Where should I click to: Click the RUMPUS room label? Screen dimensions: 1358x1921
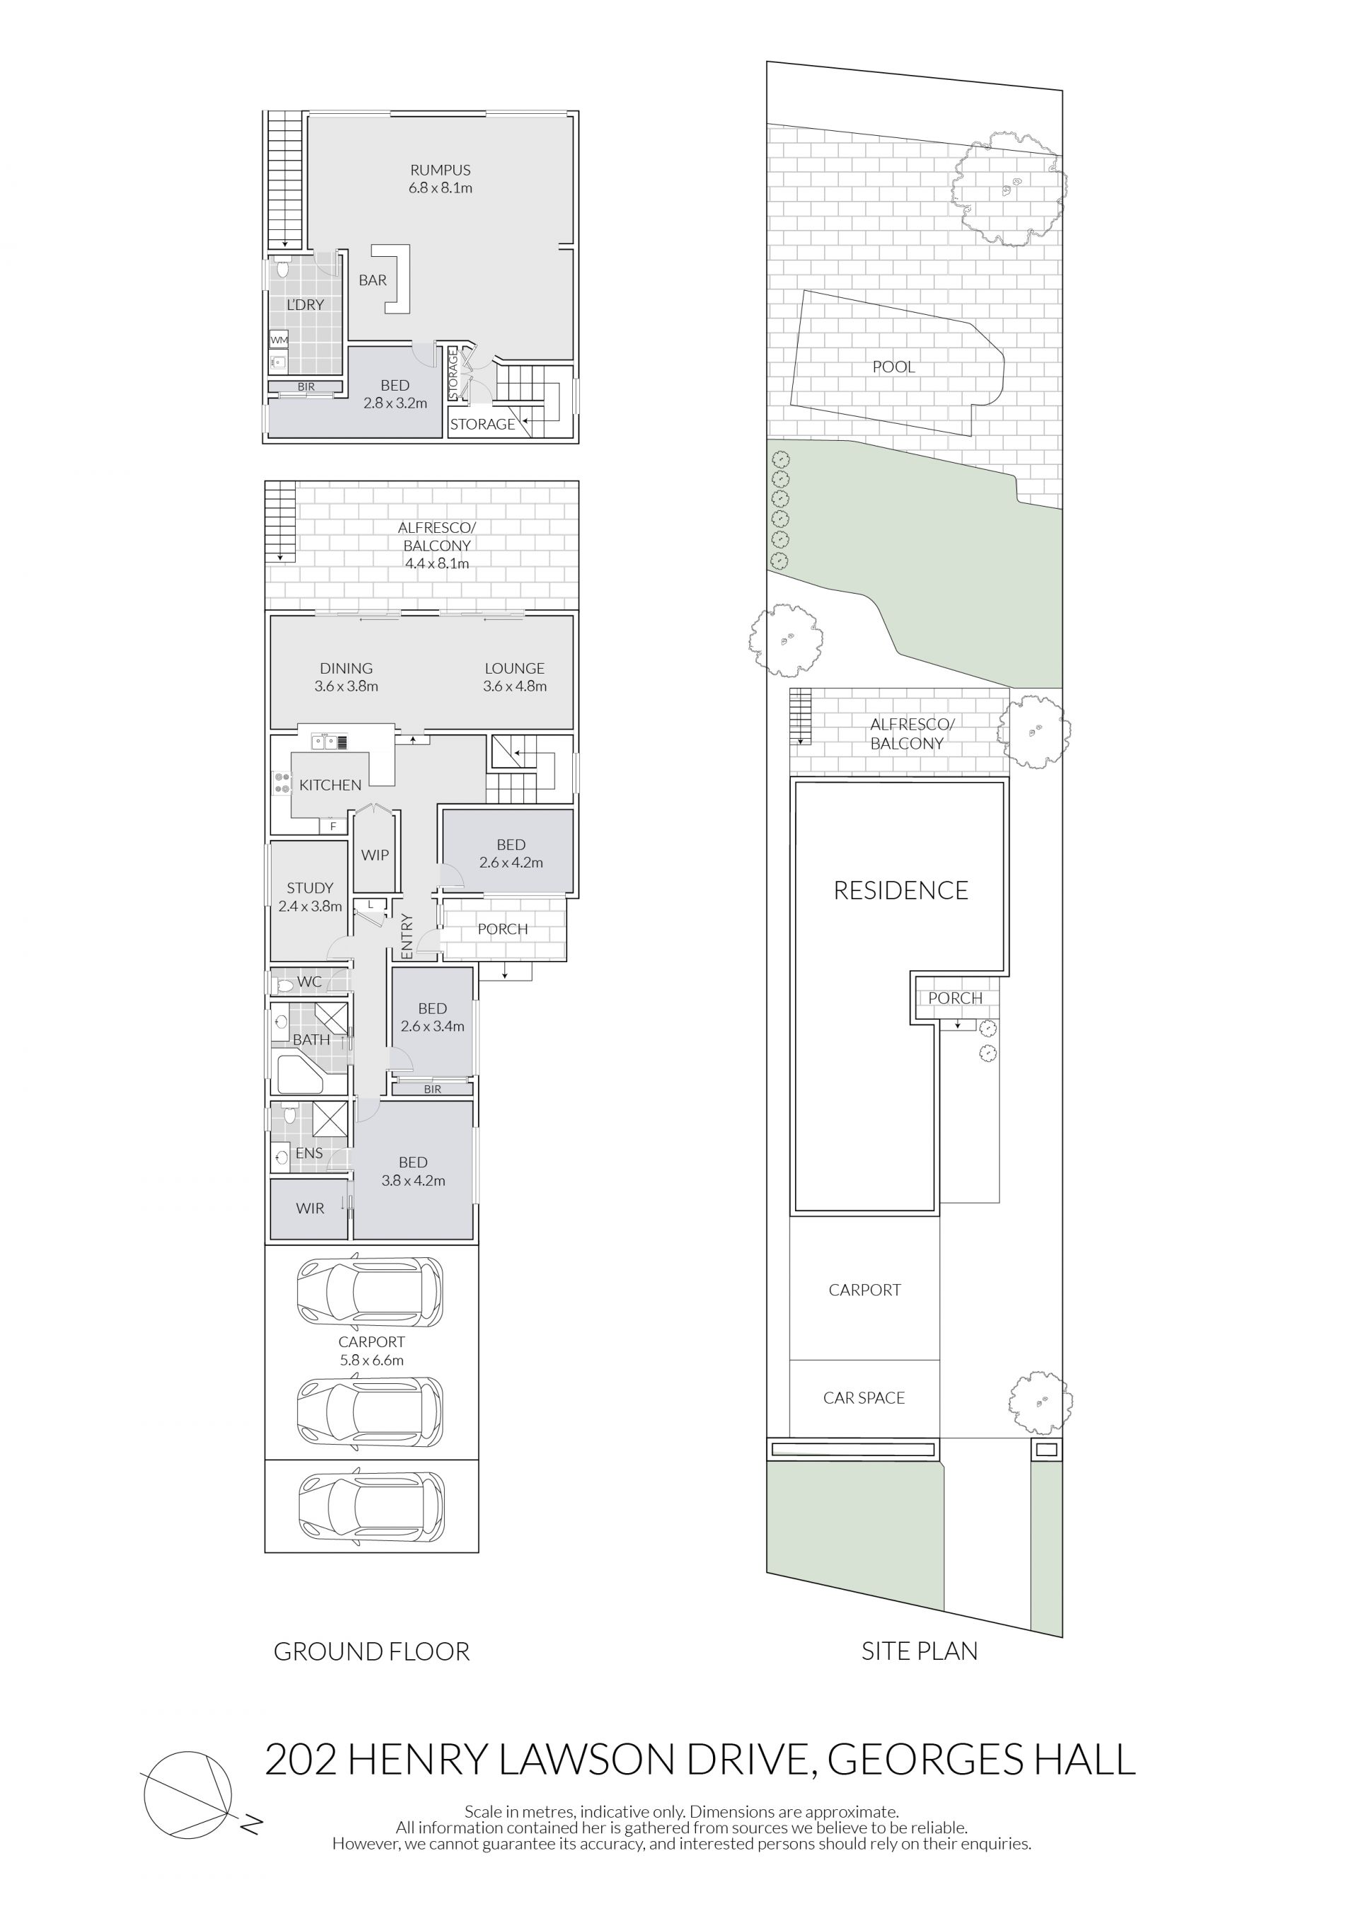point(440,170)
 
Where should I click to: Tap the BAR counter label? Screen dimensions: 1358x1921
point(373,280)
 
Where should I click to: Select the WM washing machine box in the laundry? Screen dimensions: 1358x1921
point(279,340)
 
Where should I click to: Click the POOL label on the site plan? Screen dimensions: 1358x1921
point(893,367)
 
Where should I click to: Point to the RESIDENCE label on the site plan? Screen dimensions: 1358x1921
point(900,890)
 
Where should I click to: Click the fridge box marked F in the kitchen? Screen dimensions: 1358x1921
point(333,826)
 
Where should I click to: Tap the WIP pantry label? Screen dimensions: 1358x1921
point(375,855)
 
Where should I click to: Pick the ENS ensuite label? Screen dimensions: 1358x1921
point(309,1153)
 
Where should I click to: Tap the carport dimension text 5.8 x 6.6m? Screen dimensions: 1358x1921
point(371,1361)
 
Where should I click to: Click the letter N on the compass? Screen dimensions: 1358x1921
point(252,1825)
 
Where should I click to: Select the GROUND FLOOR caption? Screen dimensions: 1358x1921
point(371,1651)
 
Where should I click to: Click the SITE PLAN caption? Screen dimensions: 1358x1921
point(919,1651)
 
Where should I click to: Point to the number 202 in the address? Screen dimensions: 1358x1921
point(301,1760)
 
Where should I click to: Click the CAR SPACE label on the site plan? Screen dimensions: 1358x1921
point(864,1397)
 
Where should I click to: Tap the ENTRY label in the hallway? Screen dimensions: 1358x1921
point(407,936)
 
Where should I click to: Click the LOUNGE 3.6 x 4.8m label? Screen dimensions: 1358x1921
point(514,677)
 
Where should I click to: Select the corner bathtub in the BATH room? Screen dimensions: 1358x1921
point(299,1074)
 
